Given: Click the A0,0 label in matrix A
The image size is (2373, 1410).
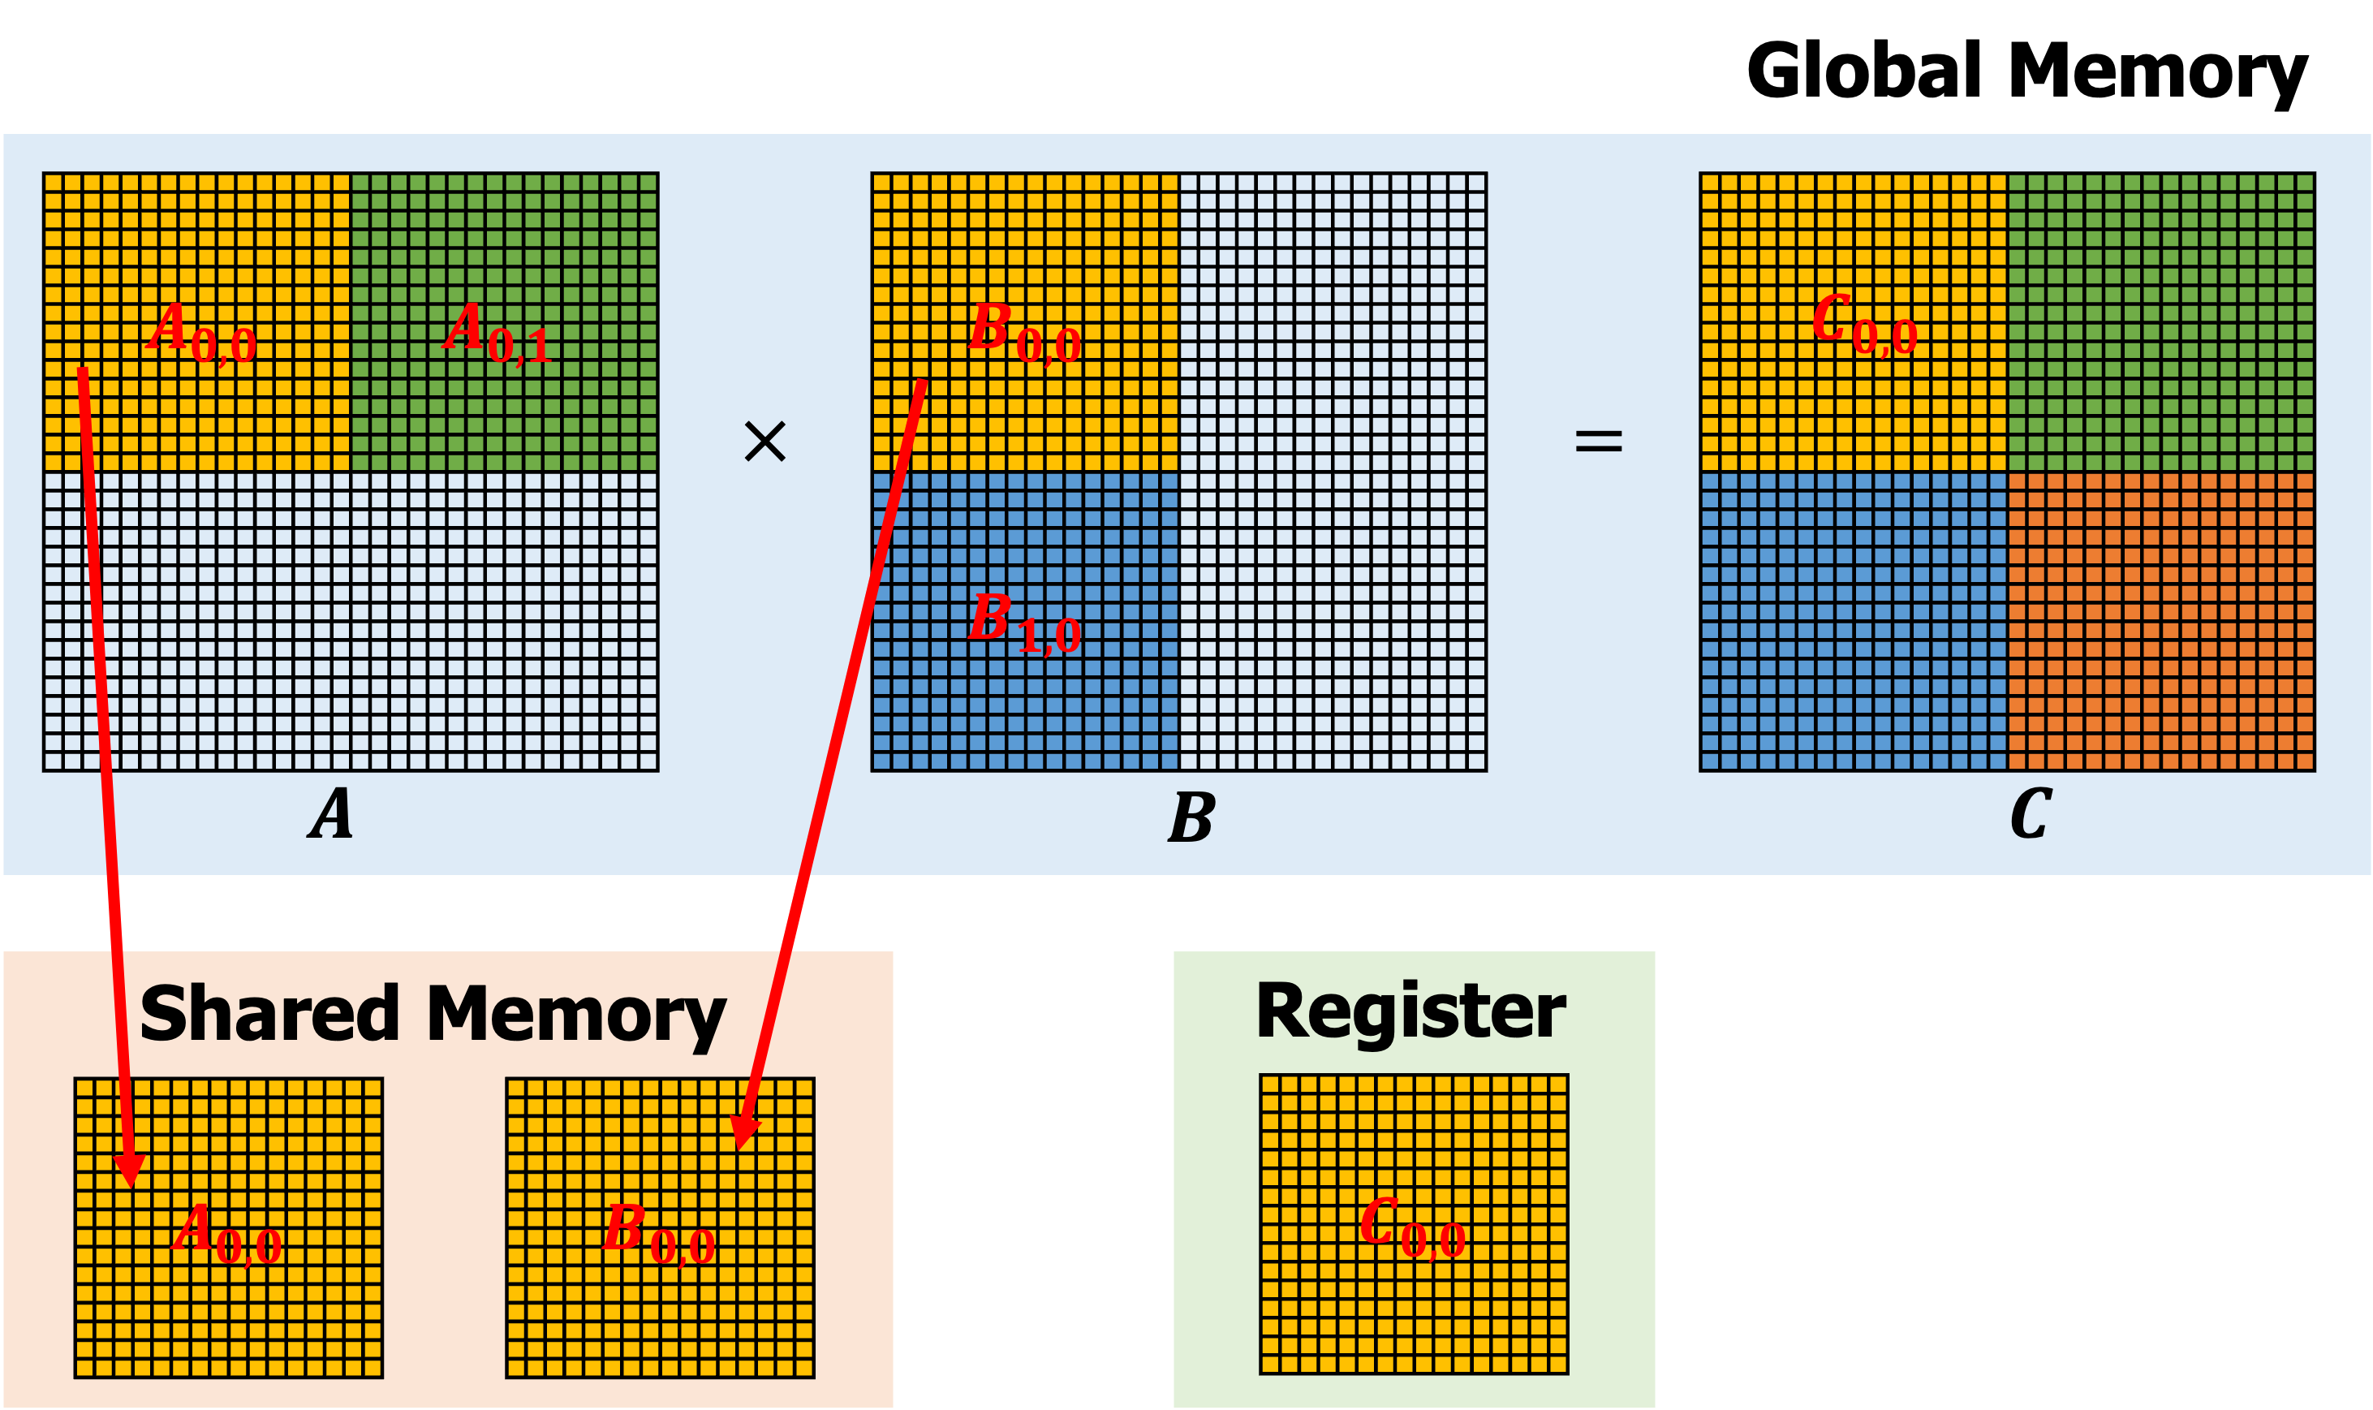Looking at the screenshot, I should [x=201, y=334].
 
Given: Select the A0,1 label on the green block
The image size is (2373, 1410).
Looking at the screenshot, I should [x=497, y=334].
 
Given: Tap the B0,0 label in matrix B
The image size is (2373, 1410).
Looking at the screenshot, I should [x=1024, y=334].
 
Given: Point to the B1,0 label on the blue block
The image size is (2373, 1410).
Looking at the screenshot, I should [x=1024, y=623].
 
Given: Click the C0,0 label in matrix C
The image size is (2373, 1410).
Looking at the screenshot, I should [x=1864, y=325].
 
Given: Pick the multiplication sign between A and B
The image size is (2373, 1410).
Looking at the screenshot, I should [x=764, y=442].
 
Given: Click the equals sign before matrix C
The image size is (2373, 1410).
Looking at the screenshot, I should [x=1599, y=441].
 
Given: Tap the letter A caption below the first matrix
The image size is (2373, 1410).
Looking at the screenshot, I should [x=330, y=813].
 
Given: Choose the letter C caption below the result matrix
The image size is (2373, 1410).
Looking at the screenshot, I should [x=2031, y=813].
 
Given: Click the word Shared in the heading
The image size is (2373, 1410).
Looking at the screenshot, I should [x=269, y=1015].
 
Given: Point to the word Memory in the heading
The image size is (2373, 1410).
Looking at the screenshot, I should [x=575, y=1016].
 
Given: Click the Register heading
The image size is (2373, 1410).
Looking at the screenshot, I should [x=1410, y=1013].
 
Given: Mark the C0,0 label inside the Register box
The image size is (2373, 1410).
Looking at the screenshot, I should [x=1413, y=1227].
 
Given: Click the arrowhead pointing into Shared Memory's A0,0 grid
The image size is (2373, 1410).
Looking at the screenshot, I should [x=130, y=1171].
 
